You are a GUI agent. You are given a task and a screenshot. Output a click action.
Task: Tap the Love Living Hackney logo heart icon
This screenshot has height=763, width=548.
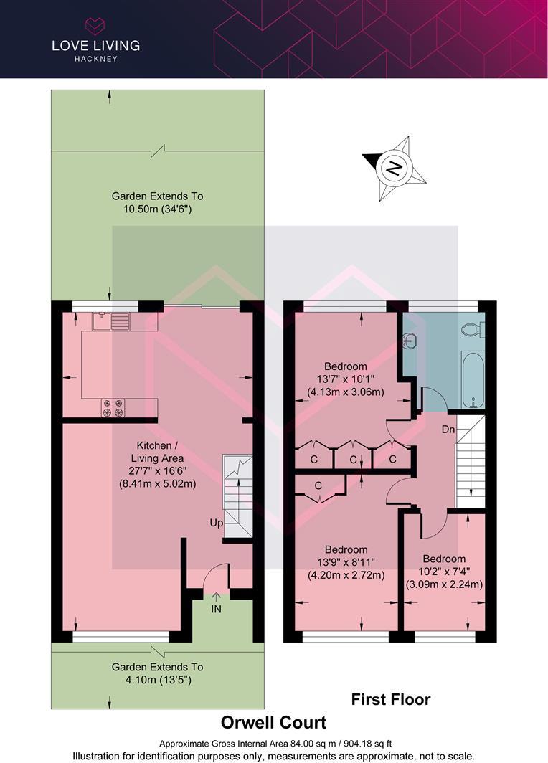[x=95, y=26]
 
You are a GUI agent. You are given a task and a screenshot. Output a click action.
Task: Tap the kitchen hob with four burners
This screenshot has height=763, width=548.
[x=113, y=407]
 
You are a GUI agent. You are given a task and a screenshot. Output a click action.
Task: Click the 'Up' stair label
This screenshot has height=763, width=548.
[x=216, y=523]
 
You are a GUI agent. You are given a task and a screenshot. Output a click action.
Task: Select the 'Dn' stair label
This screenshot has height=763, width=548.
[x=448, y=430]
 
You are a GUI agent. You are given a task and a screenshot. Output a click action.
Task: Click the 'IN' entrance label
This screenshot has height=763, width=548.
[x=217, y=609]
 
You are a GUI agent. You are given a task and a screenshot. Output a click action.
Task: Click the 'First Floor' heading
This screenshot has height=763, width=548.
[x=391, y=698]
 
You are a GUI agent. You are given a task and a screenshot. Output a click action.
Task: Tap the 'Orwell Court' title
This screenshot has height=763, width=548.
[x=273, y=722]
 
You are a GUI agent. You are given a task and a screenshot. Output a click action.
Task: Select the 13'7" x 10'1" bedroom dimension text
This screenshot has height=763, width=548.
[x=346, y=379]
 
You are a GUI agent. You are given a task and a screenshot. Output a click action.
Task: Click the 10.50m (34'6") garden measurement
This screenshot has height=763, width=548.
[x=157, y=209]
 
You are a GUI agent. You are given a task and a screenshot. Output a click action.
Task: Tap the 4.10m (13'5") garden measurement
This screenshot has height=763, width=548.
[x=157, y=679]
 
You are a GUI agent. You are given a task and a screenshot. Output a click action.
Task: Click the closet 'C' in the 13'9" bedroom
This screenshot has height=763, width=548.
[x=318, y=485]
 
